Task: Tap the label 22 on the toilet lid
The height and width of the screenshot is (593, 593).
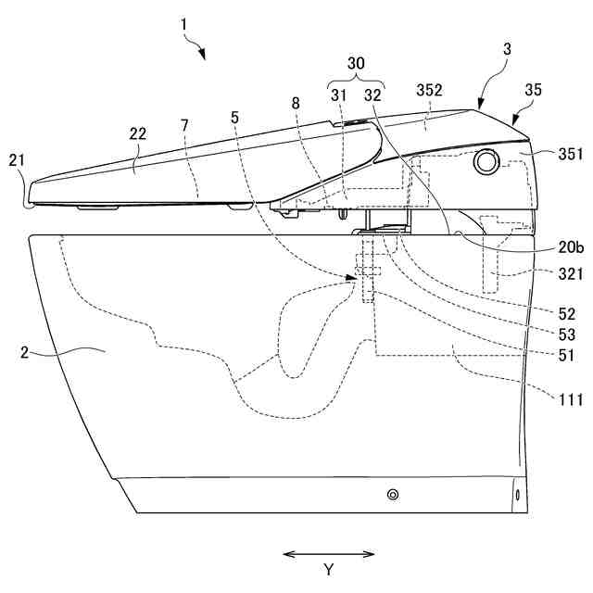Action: point(137,135)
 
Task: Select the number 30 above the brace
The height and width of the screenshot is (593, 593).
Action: point(355,62)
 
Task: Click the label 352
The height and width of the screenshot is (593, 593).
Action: point(430,91)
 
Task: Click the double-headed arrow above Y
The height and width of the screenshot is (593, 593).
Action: point(328,554)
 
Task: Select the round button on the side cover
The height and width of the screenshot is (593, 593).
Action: point(485,161)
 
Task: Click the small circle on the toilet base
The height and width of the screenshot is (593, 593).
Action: point(393,496)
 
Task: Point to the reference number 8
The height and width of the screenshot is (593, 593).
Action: point(296,103)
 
